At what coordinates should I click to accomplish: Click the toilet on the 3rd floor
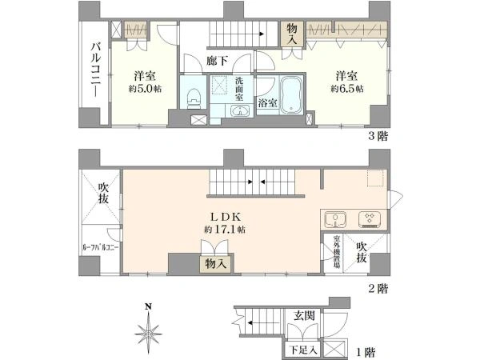point(194,98)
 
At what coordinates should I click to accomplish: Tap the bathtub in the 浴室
point(292,94)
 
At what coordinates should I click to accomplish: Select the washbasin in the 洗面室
point(240,111)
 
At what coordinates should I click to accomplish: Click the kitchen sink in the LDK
point(335,220)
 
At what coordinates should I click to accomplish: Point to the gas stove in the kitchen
point(370,219)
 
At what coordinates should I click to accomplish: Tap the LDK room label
point(226,217)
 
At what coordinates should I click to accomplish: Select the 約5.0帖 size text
point(145,89)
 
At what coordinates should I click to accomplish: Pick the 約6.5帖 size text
point(347,89)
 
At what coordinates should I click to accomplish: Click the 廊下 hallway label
point(217,61)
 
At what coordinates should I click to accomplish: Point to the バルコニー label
point(96,70)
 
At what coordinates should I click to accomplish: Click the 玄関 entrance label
point(304,315)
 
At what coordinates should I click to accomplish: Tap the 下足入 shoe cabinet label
point(303,350)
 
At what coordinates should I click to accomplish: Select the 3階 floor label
point(378,136)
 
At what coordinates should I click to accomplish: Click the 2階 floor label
point(378,288)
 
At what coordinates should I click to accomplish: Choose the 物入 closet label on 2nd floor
point(216,263)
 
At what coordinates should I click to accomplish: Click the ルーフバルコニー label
point(101,248)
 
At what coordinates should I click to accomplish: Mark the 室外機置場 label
point(337,252)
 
